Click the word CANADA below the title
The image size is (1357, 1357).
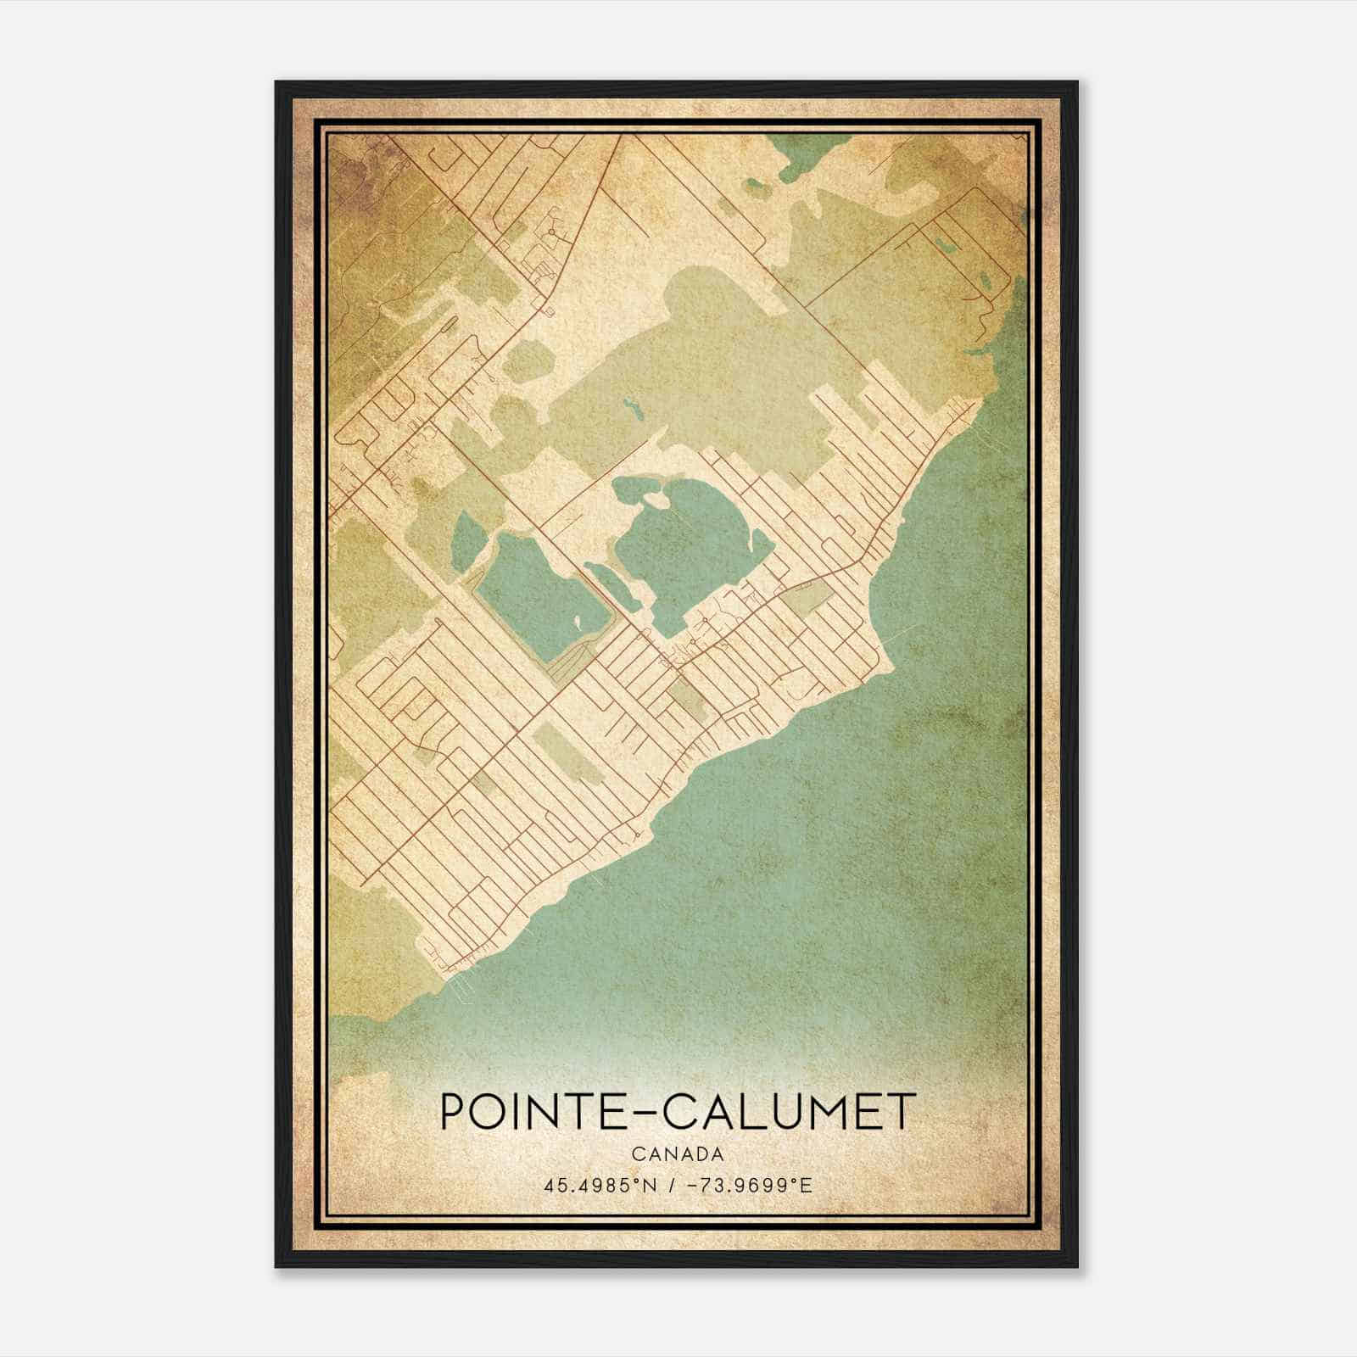point(678,1154)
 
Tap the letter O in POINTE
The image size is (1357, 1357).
point(487,1111)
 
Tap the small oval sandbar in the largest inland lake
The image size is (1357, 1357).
point(655,502)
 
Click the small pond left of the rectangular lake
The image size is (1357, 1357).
point(466,540)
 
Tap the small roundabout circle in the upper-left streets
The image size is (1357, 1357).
point(551,230)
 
